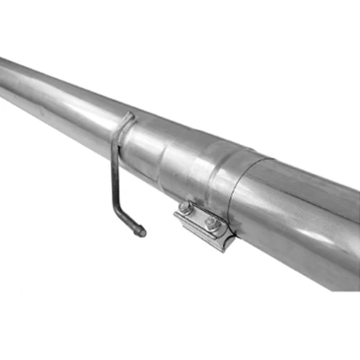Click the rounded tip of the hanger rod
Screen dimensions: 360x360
click(141, 232)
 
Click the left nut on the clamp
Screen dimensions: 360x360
click(185, 207)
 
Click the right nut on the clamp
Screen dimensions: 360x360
click(212, 223)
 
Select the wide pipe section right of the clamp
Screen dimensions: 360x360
click(305, 218)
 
